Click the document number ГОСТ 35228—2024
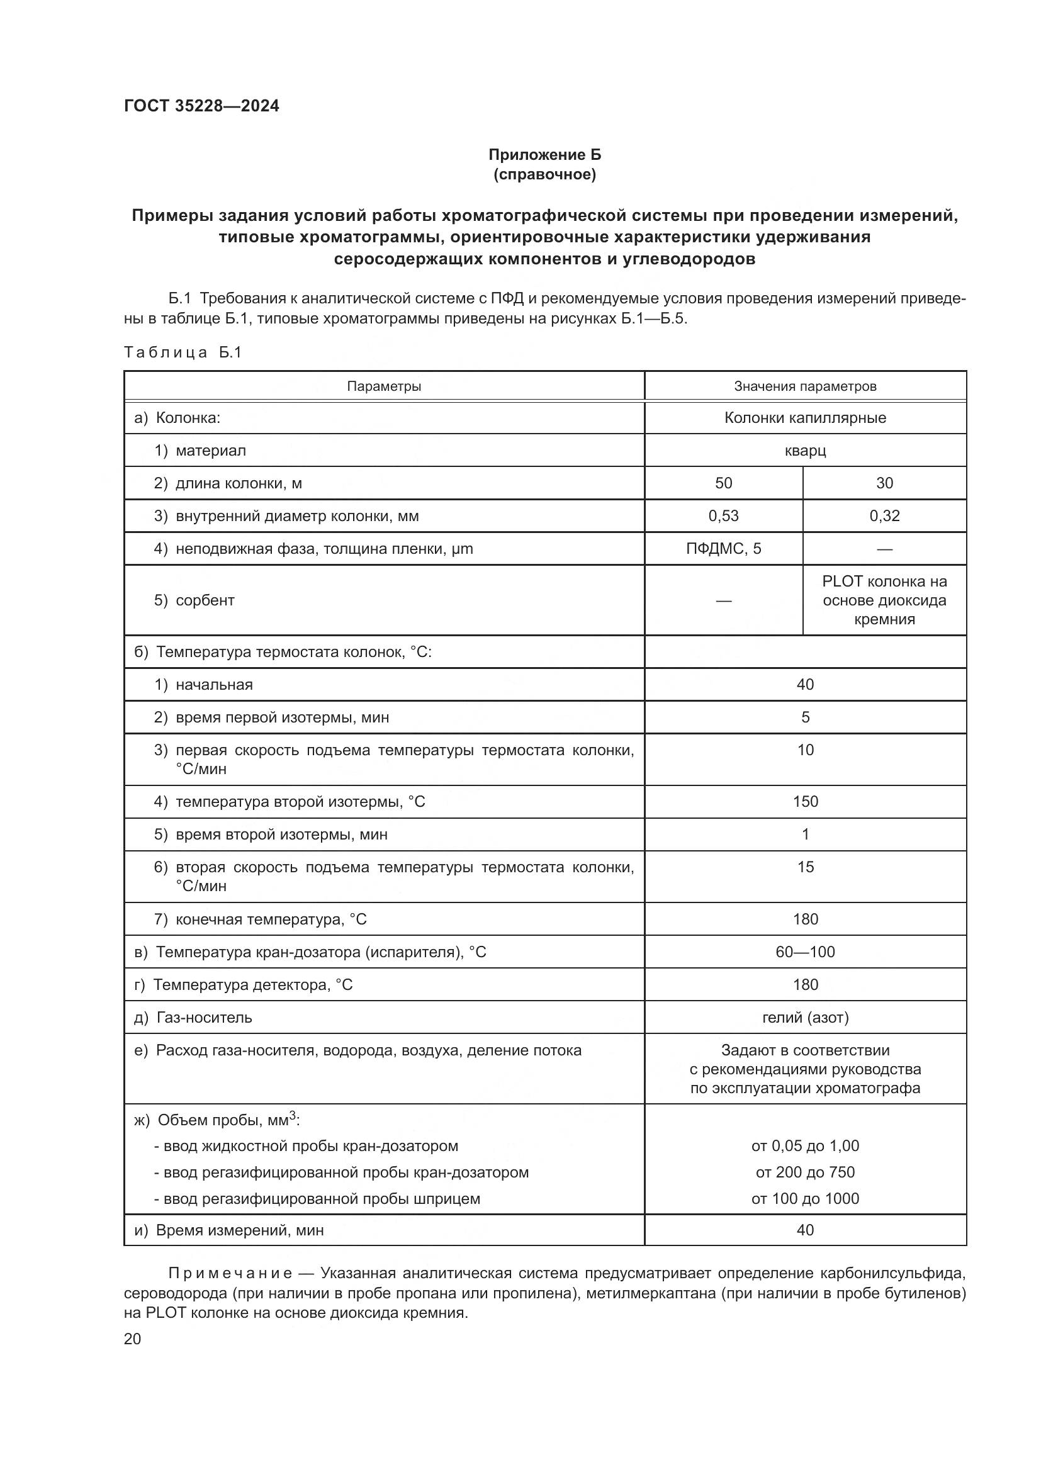[x=201, y=106]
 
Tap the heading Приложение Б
[x=544, y=155]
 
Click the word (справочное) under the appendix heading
[x=544, y=175]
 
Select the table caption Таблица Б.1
[x=183, y=352]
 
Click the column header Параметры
[x=383, y=386]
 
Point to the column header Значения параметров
[x=804, y=386]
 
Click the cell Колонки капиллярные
[x=804, y=418]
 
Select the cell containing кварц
[x=804, y=451]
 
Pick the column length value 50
[x=723, y=483]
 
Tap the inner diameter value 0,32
[x=884, y=515]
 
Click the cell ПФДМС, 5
[x=723, y=548]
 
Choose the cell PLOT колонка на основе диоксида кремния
[x=884, y=600]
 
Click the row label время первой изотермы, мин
[x=281, y=717]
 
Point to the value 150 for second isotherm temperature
[x=804, y=801]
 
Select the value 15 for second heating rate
[x=804, y=867]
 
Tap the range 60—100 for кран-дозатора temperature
[x=804, y=952]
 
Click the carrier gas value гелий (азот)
[x=804, y=1017]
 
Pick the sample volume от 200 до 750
[x=804, y=1172]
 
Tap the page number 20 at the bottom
[x=133, y=1339]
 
